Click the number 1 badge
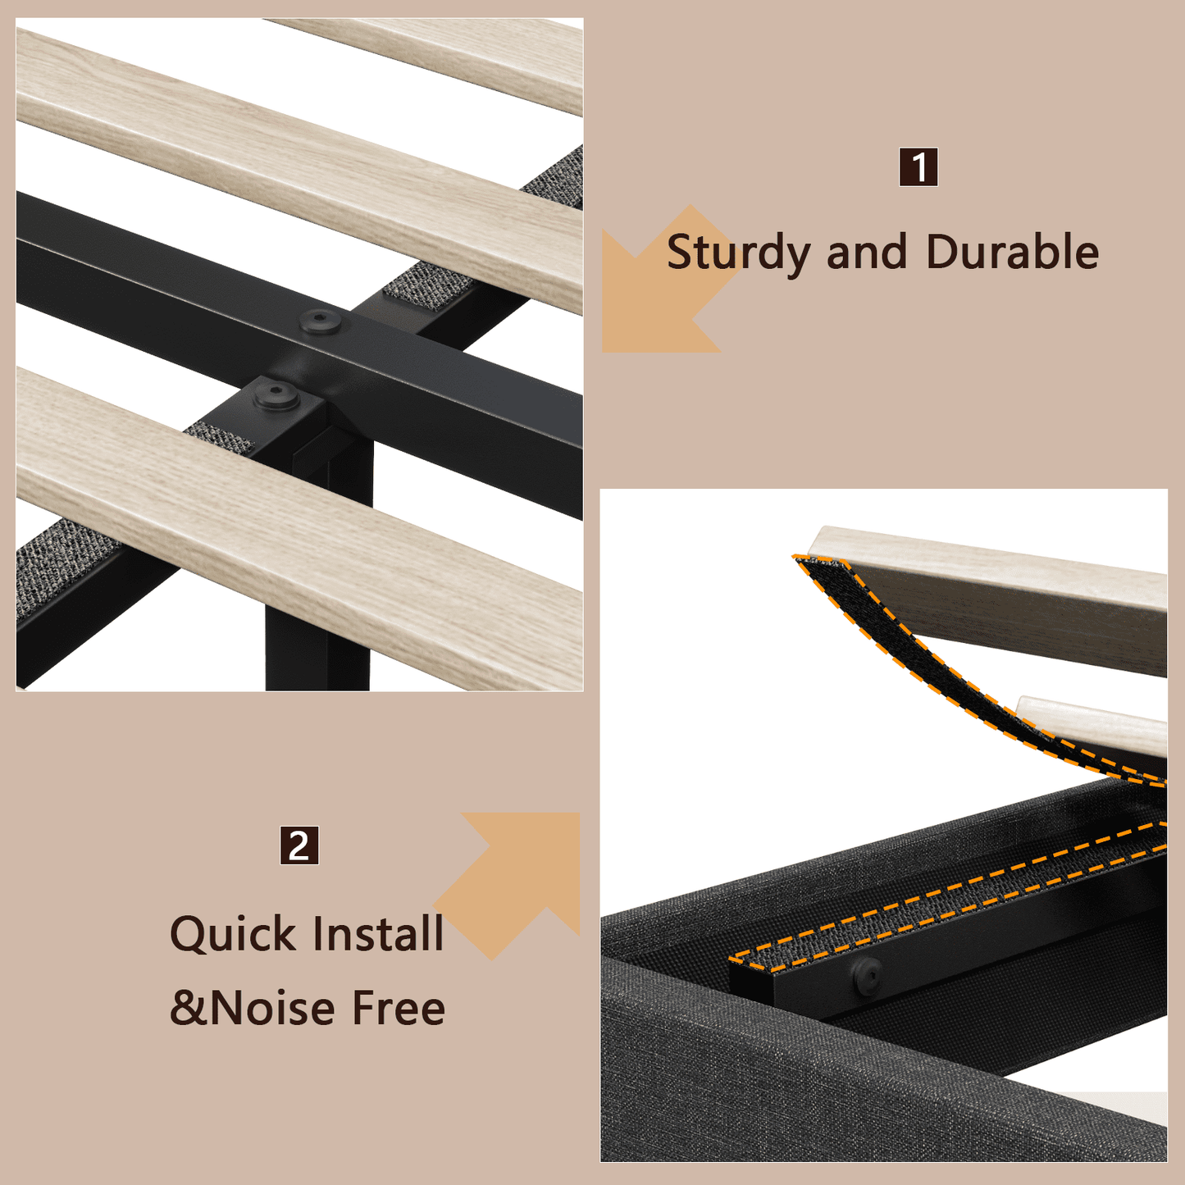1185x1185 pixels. click(x=918, y=166)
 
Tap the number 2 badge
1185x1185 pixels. click(x=299, y=845)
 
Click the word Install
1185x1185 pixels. click(x=378, y=933)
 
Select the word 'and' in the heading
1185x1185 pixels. click(x=867, y=252)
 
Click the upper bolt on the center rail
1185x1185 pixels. click(x=319, y=321)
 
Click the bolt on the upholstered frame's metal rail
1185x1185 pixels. click(x=866, y=974)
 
